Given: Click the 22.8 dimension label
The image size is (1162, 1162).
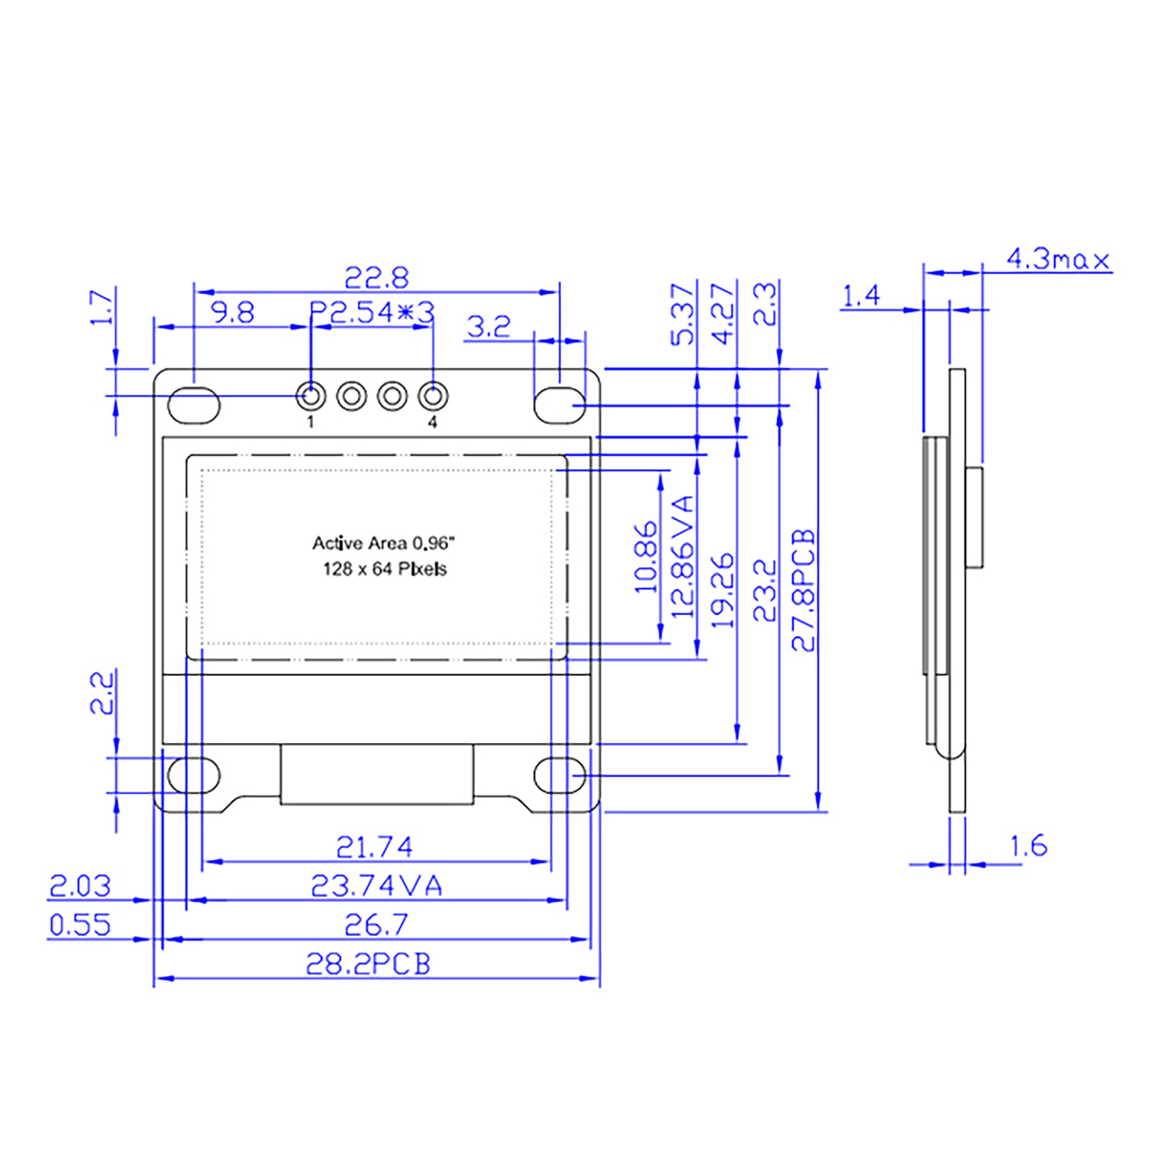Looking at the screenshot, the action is (x=376, y=277).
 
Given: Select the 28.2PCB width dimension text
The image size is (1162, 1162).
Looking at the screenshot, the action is (x=368, y=964).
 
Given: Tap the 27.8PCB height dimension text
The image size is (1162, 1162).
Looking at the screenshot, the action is (x=804, y=590).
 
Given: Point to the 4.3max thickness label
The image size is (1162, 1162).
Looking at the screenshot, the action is (x=1058, y=259).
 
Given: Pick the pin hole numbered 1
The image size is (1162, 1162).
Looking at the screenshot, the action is (x=311, y=396).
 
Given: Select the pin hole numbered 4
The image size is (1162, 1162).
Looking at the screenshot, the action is (x=433, y=396).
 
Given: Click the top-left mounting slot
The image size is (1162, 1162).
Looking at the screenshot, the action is (x=194, y=405).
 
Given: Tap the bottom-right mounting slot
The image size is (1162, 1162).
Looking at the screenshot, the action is (x=560, y=776).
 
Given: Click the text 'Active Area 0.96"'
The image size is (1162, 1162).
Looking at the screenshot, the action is (x=383, y=543).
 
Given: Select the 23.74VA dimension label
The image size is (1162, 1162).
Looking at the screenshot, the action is (x=376, y=885).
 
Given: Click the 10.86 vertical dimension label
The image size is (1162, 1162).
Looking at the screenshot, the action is (x=646, y=557).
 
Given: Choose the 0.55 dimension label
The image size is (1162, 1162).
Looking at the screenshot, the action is (x=80, y=925).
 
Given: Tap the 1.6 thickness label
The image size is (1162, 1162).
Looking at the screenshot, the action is (x=1028, y=845).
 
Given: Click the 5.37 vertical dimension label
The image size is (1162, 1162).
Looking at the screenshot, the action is (x=683, y=314).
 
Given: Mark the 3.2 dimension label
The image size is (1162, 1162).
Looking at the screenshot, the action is (x=489, y=326).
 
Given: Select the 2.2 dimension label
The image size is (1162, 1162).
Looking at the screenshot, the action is (x=102, y=693).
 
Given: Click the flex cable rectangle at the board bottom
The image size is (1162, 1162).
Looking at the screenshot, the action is (x=377, y=774).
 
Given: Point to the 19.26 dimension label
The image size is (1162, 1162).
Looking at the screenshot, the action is (x=722, y=590).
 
